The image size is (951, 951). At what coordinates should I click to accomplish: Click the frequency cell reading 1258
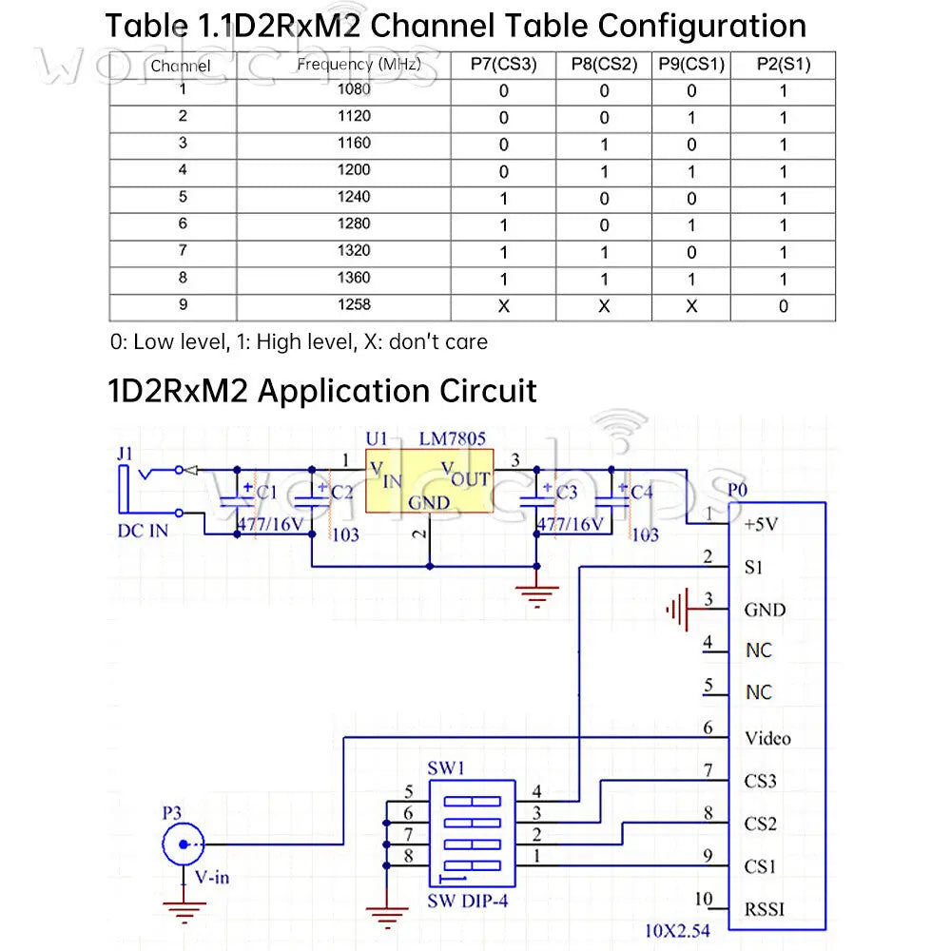(x=354, y=304)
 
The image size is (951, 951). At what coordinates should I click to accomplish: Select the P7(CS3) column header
(x=503, y=65)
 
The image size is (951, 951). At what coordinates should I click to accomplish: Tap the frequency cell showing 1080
(x=354, y=89)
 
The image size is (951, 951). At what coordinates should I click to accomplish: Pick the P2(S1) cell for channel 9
(x=783, y=306)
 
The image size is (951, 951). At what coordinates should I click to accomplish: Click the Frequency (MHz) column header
(x=359, y=65)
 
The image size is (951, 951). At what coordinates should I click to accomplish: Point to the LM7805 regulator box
(x=430, y=481)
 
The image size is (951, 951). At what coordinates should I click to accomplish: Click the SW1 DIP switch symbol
(x=472, y=833)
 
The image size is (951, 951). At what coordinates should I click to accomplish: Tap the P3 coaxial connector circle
(x=184, y=844)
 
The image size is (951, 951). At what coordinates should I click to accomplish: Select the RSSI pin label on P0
(x=765, y=909)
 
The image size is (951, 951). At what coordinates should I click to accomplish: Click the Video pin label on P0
(x=767, y=738)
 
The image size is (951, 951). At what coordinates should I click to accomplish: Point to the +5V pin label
(x=761, y=524)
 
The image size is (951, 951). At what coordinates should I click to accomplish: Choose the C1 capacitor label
(x=266, y=492)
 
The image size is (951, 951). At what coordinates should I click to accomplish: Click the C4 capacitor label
(x=641, y=492)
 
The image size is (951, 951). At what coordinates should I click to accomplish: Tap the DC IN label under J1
(x=143, y=531)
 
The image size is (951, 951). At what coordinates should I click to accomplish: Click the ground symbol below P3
(x=184, y=911)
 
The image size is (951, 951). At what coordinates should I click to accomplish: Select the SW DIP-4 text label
(x=468, y=902)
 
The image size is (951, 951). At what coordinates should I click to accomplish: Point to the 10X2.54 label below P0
(x=677, y=931)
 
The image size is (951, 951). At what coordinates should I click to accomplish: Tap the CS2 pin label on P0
(x=761, y=824)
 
